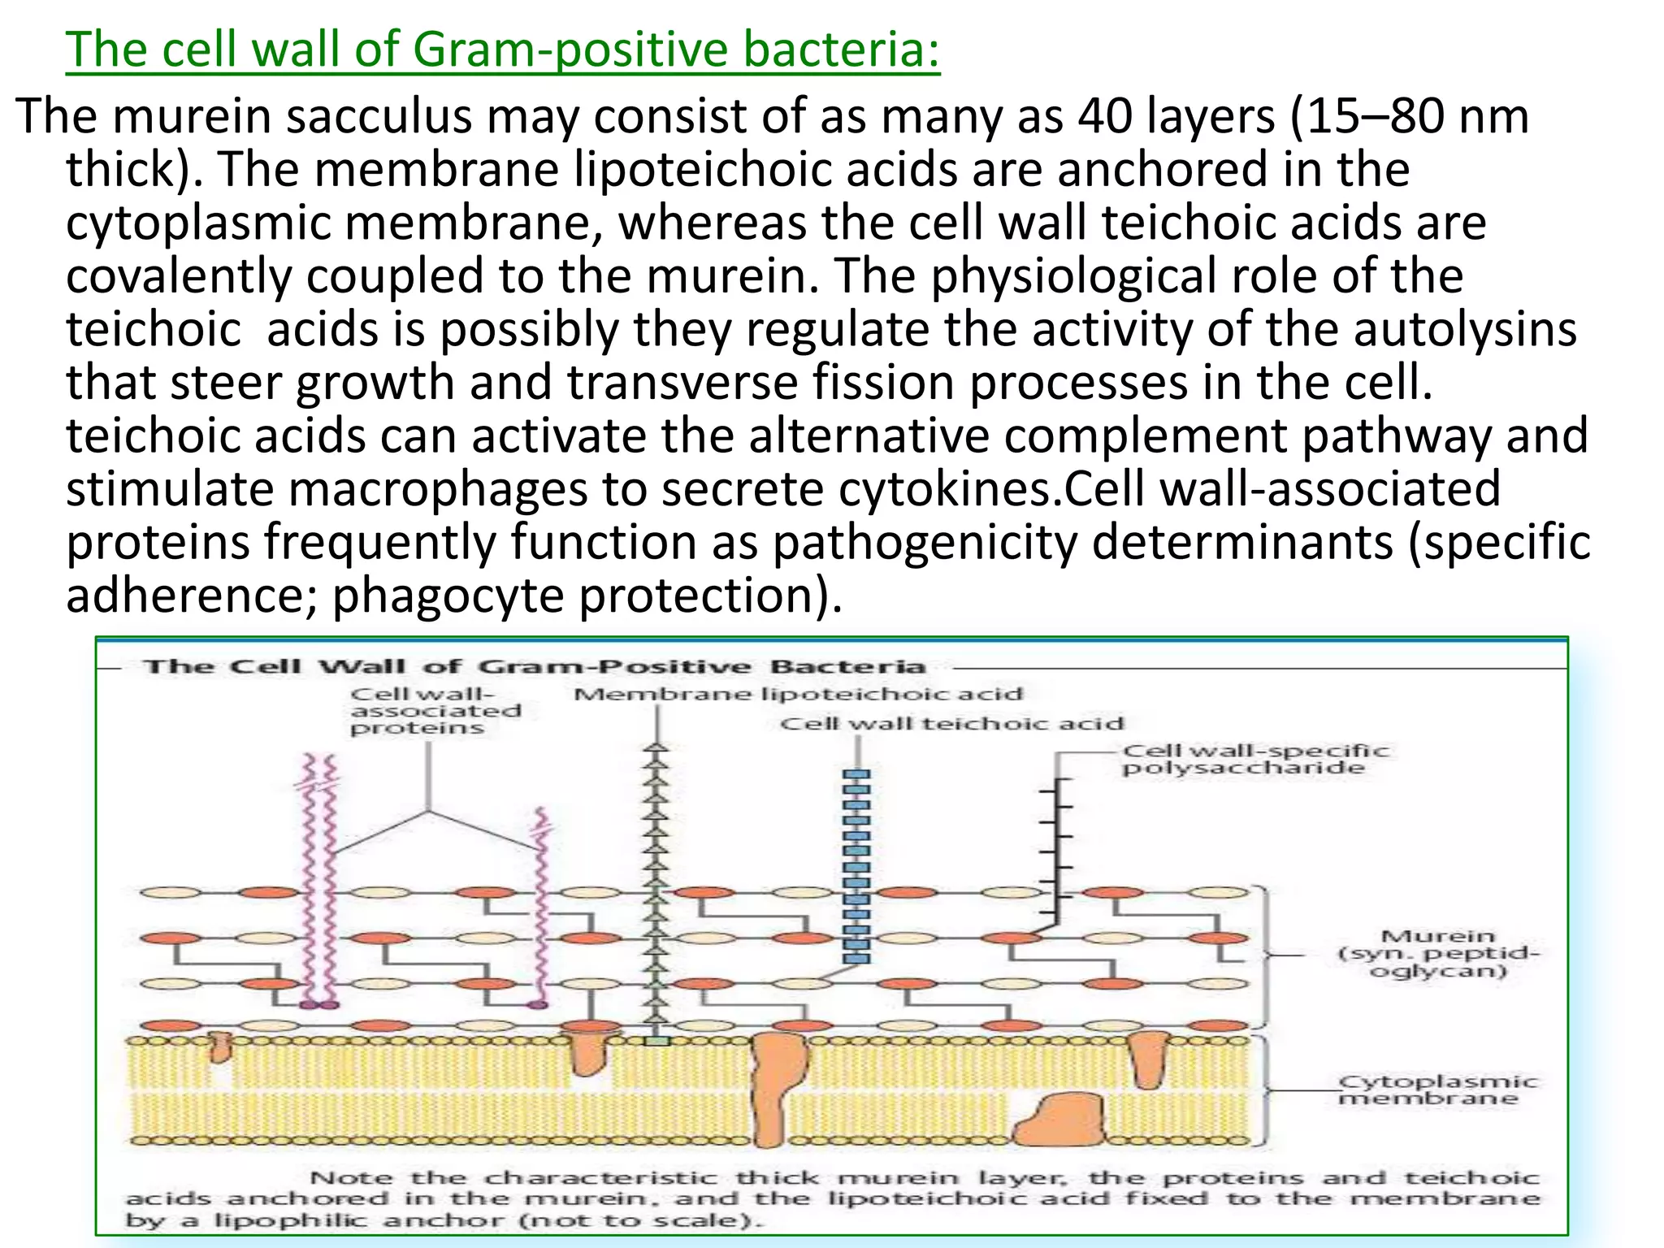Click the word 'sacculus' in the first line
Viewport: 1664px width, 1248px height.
378,116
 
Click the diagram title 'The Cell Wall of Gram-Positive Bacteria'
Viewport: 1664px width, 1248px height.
535,667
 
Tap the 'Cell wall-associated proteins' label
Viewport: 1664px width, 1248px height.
435,711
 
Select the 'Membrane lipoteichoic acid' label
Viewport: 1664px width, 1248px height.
798,694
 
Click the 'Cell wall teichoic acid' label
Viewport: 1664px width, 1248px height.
951,723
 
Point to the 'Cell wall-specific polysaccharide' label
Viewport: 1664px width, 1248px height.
1255,760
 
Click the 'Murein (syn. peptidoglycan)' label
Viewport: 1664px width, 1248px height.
1437,954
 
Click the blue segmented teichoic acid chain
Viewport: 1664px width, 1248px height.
856,866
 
